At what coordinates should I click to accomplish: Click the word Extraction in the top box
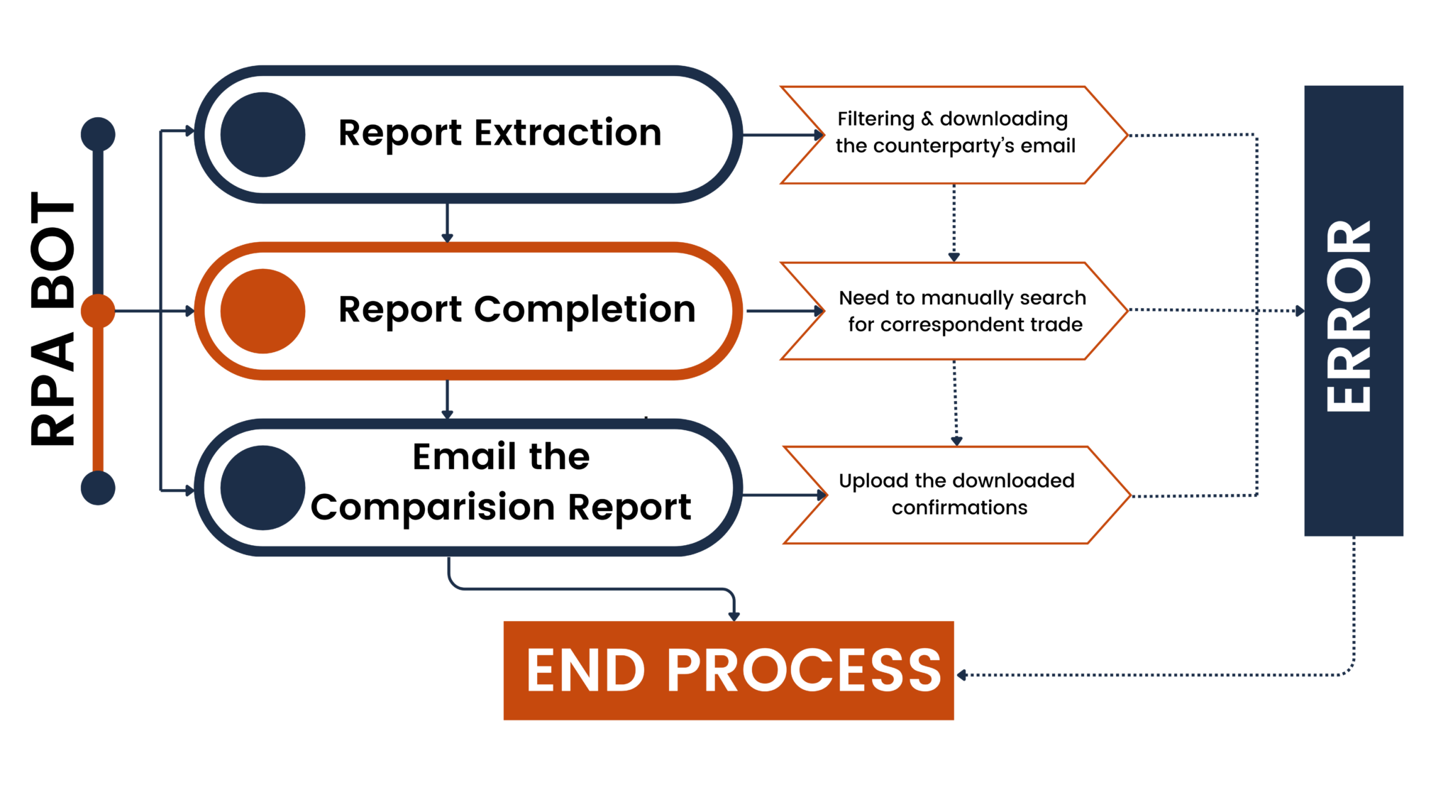point(568,133)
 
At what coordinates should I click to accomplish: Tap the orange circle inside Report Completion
point(263,311)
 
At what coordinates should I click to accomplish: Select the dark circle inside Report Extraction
point(263,134)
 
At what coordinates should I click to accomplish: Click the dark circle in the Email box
point(263,488)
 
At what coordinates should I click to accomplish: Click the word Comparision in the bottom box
point(433,507)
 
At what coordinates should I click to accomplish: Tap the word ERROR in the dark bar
point(1350,316)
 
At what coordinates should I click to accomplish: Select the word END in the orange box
point(585,671)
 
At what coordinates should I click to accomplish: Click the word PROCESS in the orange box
point(804,671)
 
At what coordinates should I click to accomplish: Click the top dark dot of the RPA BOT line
point(98,134)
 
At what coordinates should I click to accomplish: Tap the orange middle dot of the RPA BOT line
point(98,311)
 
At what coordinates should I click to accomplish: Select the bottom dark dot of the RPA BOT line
point(98,488)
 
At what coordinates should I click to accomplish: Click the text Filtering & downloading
point(952,119)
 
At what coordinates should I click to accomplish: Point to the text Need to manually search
point(962,297)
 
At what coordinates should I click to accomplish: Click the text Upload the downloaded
point(956,481)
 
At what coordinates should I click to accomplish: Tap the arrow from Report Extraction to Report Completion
point(447,224)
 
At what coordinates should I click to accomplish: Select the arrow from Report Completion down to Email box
point(447,400)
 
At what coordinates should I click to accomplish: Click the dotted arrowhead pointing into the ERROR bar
point(1299,311)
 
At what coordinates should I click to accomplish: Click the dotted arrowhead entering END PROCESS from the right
point(962,675)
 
